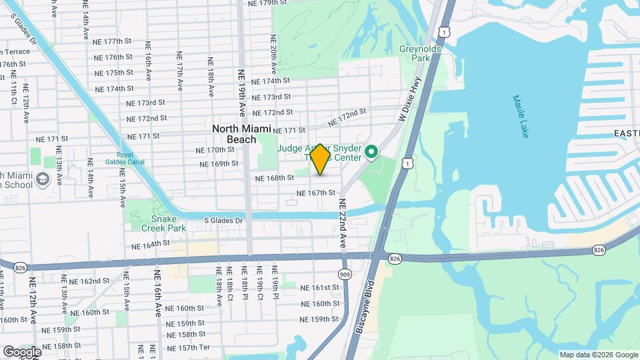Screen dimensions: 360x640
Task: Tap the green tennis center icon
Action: point(372,153)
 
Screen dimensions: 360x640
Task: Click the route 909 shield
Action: point(345,273)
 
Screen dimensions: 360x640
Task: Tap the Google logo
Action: point(21,351)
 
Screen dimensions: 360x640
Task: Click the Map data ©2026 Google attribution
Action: point(599,355)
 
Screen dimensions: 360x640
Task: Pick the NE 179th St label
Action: point(267,3)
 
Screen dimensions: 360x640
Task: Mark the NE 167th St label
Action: point(316,193)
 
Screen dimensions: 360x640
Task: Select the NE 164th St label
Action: point(151,245)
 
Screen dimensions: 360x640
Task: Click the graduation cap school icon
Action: point(43,179)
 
